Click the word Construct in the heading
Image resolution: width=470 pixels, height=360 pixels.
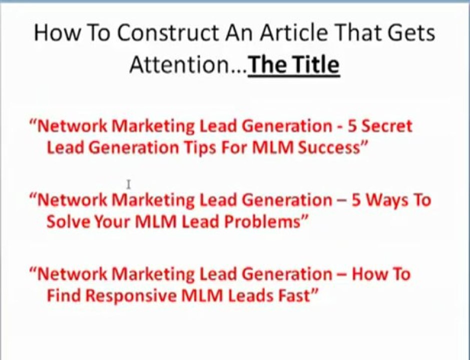coord(160,34)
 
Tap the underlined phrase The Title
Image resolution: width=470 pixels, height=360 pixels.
coord(294,65)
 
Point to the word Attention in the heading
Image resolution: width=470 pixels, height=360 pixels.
coord(188,65)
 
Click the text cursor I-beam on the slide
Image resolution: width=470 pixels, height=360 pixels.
coord(129,185)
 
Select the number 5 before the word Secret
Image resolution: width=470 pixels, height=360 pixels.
coord(352,126)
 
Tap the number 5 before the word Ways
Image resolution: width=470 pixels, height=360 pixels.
coord(356,200)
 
